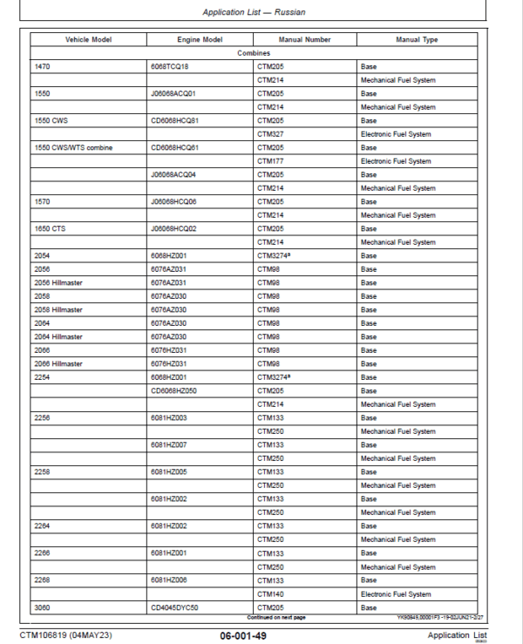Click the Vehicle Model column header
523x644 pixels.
coord(88,40)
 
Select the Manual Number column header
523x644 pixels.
coord(304,40)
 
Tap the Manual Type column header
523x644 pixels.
coord(417,40)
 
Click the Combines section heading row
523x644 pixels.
coord(254,53)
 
